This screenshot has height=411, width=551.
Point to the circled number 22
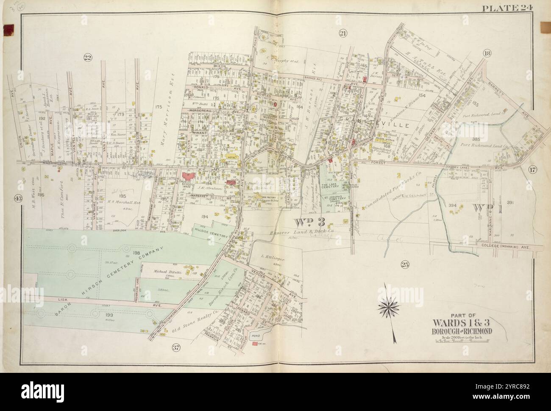88,58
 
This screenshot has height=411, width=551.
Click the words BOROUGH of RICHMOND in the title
466,331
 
